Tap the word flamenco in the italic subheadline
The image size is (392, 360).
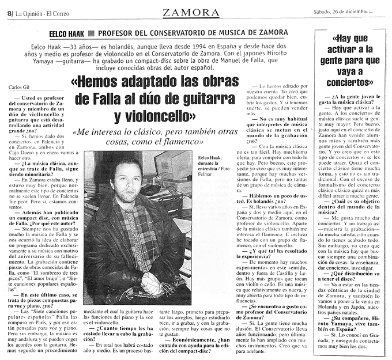click(179, 141)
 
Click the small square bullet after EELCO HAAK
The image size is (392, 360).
click(93, 33)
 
